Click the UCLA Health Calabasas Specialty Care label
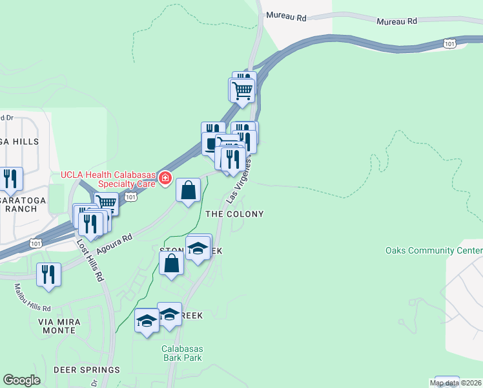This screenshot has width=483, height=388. [x=108, y=179]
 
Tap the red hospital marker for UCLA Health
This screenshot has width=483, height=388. [x=165, y=178]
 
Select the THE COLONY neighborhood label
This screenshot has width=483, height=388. [x=234, y=214]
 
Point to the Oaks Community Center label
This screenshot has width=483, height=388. [x=433, y=250]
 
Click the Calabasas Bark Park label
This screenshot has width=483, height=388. [x=181, y=353]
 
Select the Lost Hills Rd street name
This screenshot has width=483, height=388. [x=90, y=260]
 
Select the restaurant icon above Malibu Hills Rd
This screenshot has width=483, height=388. [x=48, y=274]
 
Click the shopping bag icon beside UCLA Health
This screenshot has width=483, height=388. [x=188, y=190]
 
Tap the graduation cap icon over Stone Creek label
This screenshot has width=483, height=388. [x=198, y=248]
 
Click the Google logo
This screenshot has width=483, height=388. [x=21, y=380]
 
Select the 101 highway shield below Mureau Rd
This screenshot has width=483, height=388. [x=450, y=43]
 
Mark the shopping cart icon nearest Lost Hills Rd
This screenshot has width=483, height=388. [x=106, y=203]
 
